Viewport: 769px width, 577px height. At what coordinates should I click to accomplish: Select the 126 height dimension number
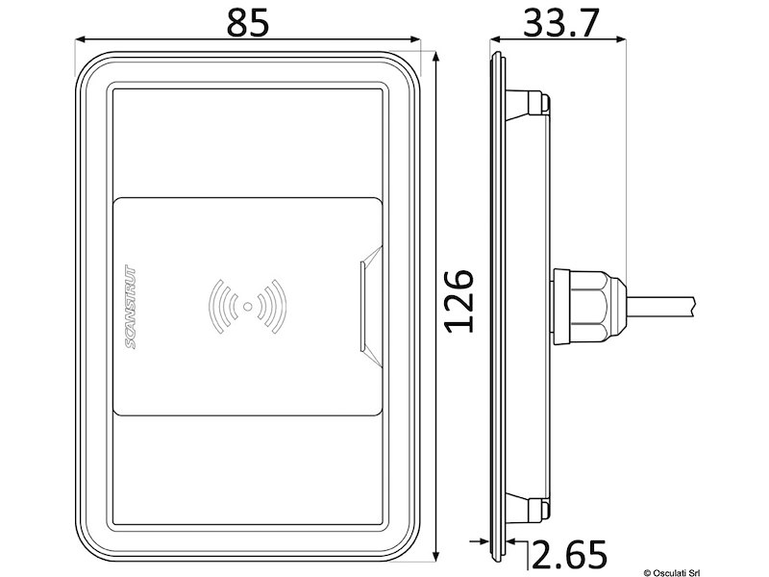pos(460,300)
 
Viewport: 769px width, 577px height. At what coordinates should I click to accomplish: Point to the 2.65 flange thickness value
pos(570,555)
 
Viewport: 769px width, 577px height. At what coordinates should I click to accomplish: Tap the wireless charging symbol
pos(248,307)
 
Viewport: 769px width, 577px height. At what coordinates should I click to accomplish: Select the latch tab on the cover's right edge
pos(366,305)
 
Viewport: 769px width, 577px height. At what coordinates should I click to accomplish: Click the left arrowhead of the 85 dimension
pos(81,40)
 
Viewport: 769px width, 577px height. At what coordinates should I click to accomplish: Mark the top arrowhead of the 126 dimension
pos(437,56)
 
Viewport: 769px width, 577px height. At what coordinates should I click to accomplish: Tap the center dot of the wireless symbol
pos(248,307)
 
